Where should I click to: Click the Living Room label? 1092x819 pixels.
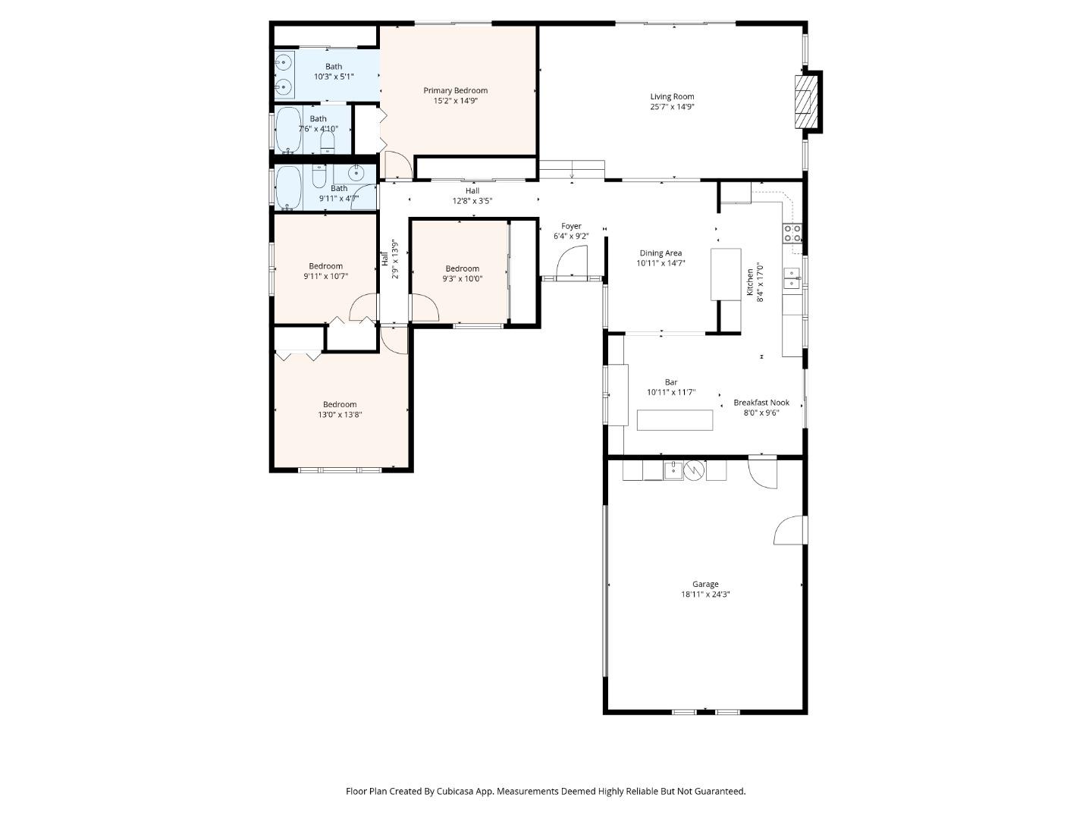(672, 96)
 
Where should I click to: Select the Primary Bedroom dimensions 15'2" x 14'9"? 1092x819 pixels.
(455, 101)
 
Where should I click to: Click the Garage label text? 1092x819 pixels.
(705, 584)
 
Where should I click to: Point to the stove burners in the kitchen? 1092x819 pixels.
(792, 233)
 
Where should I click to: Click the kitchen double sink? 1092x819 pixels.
(792, 278)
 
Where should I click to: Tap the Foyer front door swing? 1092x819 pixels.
(570, 264)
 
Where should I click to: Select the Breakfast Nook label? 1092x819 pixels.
(761, 403)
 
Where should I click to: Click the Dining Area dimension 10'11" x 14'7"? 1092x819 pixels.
(661, 264)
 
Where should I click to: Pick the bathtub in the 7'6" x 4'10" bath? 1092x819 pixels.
(287, 130)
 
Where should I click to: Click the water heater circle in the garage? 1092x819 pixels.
(694, 470)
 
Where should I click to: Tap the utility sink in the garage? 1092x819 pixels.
(673, 470)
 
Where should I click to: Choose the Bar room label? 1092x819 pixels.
(671, 382)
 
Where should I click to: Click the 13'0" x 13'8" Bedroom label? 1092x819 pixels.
(340, 404)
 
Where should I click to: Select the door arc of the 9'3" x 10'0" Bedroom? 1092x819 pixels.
(425, 309)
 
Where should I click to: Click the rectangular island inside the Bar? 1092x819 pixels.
(675, 420)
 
